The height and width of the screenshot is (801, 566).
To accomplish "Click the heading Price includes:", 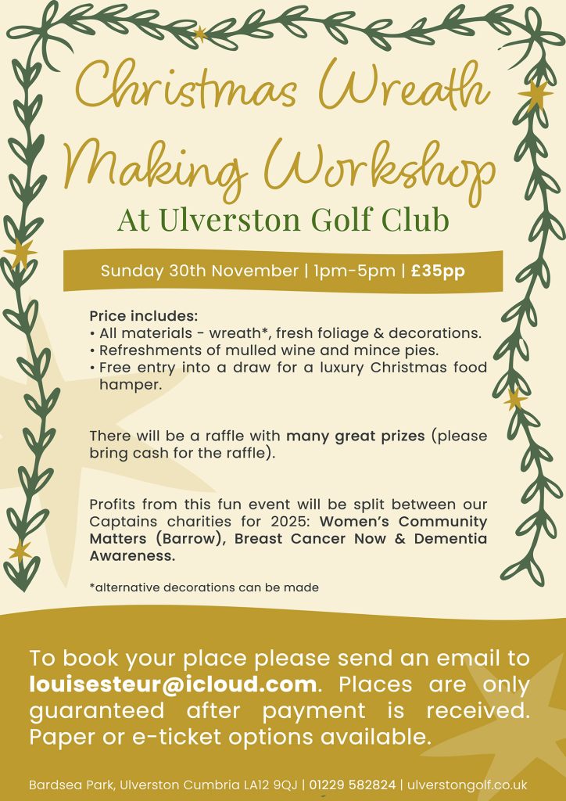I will click(144, 317).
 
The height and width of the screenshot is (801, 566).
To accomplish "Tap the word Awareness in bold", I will click(132, 555).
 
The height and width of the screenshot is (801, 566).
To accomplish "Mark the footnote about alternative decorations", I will click(203, 587).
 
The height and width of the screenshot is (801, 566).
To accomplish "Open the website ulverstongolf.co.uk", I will click(467, 784).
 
